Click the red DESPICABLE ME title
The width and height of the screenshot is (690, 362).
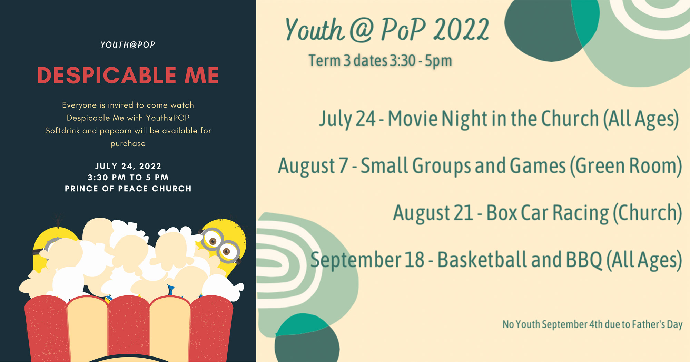pyautogui.click(x=128, y=75)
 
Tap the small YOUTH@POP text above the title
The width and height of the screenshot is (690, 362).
pyautogui.click(x=128, y=45)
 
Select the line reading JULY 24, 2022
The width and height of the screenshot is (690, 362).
pyautogui.click(x=128, y=166)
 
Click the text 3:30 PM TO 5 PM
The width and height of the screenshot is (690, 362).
pyautogui.click(x=128, y=178)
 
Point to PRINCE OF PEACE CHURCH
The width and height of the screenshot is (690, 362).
pyautogui.click(x=128, y=189)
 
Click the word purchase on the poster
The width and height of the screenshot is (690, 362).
pyautogui.click(x=128, y=144)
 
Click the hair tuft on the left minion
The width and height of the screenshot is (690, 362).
pyautogui.click(x=58, y=221)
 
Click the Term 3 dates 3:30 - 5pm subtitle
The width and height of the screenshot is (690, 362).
pyautogui.click(x=380, y=61)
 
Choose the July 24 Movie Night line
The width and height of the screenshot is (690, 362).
pyautogui.click(x=499, y=119)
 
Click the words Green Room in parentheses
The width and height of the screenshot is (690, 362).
pyautogui.click(x=626, y=166)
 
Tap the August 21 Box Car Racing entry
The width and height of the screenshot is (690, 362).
pyautogui.click(x=538, y=213)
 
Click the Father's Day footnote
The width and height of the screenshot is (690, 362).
pyautogui.click(x=592, y=324)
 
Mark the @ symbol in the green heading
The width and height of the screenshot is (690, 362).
pyautogui.click(x=362, y=30)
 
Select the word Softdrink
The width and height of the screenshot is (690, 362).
pyautogui.click(x=62, y=131)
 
